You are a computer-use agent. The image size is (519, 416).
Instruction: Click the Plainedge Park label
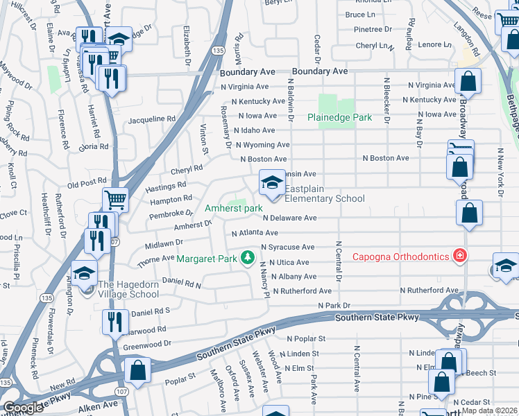[340, 118]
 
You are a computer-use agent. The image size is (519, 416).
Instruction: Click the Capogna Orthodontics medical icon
[459, 257]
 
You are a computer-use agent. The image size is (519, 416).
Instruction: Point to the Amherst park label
[233, 208]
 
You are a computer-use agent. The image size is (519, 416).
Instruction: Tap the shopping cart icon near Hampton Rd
[115, 200]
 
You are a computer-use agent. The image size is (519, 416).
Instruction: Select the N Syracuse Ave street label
[287, 248]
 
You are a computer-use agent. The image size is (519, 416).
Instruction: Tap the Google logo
[24, 408]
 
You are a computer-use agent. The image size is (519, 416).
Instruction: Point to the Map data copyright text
[490, 410]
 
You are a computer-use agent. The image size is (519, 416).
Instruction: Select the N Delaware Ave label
[289, 218]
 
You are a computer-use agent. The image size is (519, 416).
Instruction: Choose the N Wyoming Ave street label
[262, 145]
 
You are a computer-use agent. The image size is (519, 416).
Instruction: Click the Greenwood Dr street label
[146, 343]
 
